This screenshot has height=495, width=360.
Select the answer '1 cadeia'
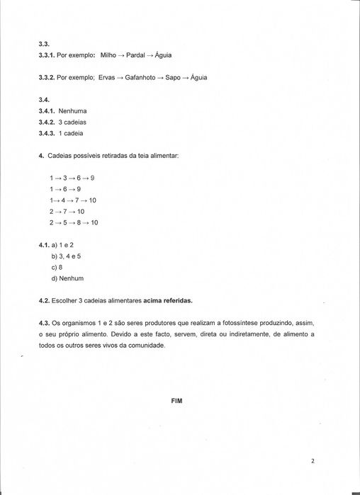(72, 134)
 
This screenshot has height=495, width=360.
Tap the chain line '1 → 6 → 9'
(65, 189)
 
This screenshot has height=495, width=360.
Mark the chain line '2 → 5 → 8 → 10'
(74, 222)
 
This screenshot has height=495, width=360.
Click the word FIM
(177, 400)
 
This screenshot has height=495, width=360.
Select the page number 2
(312, 460)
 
